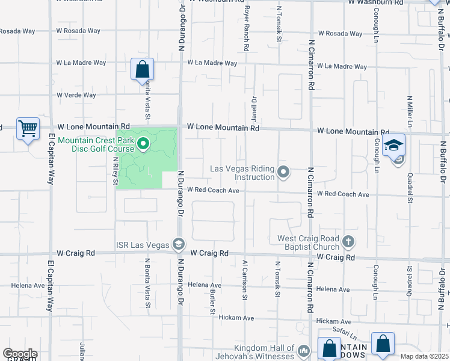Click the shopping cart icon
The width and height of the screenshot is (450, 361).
tap(28, 128)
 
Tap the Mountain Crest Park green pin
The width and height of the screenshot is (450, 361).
tap(143, 144)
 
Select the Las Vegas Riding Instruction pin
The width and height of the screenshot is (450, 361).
tap(284, 173)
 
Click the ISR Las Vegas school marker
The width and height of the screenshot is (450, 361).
tap(178, 244)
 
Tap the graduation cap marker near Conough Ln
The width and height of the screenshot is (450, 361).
tap(394, 146)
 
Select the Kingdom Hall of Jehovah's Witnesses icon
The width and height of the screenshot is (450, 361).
tap(304, 350)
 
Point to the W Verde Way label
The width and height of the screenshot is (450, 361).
tap(76, 95)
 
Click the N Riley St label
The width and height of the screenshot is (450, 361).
tap(116, 171)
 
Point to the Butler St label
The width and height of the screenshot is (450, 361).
tap(212, 300)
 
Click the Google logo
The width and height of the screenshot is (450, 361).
tap(20, 354)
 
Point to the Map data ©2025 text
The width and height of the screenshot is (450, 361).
tap(424, 356)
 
